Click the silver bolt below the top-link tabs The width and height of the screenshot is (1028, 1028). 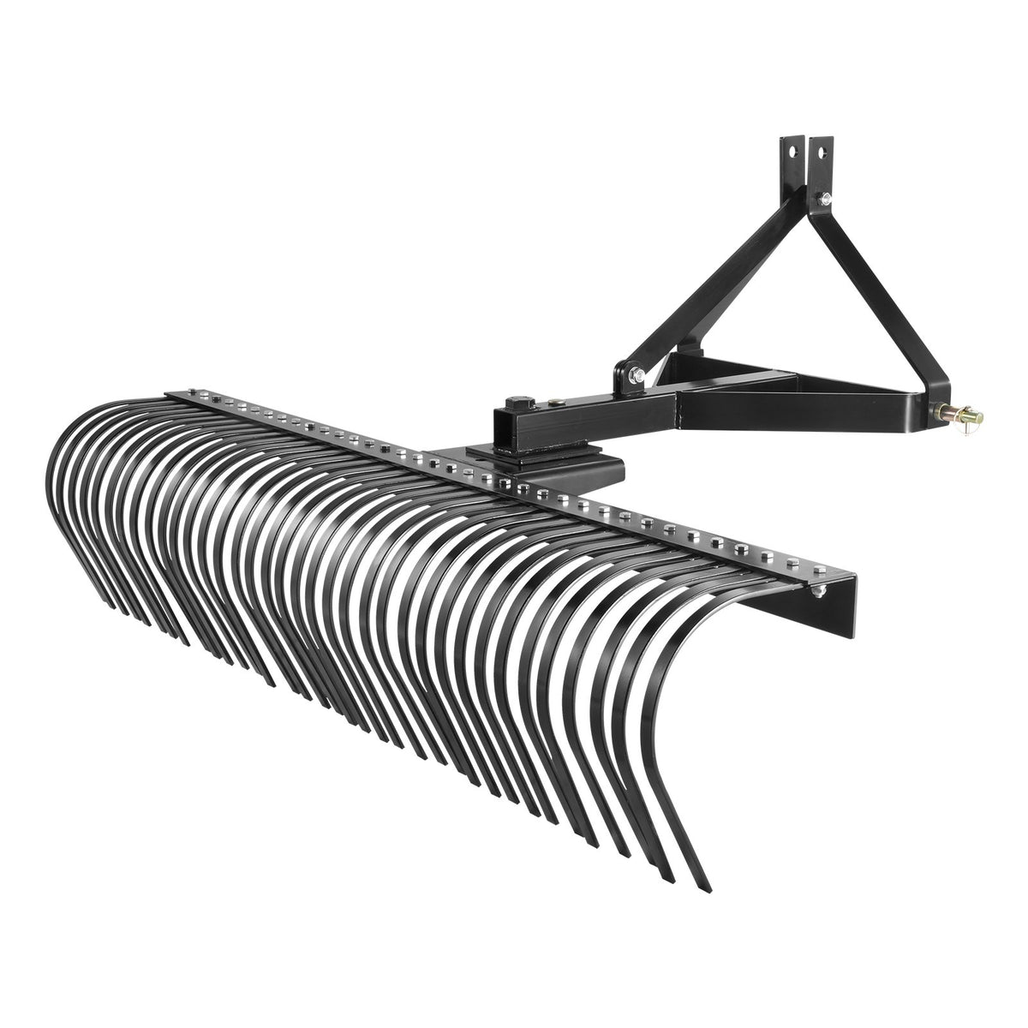click(823, 202)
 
